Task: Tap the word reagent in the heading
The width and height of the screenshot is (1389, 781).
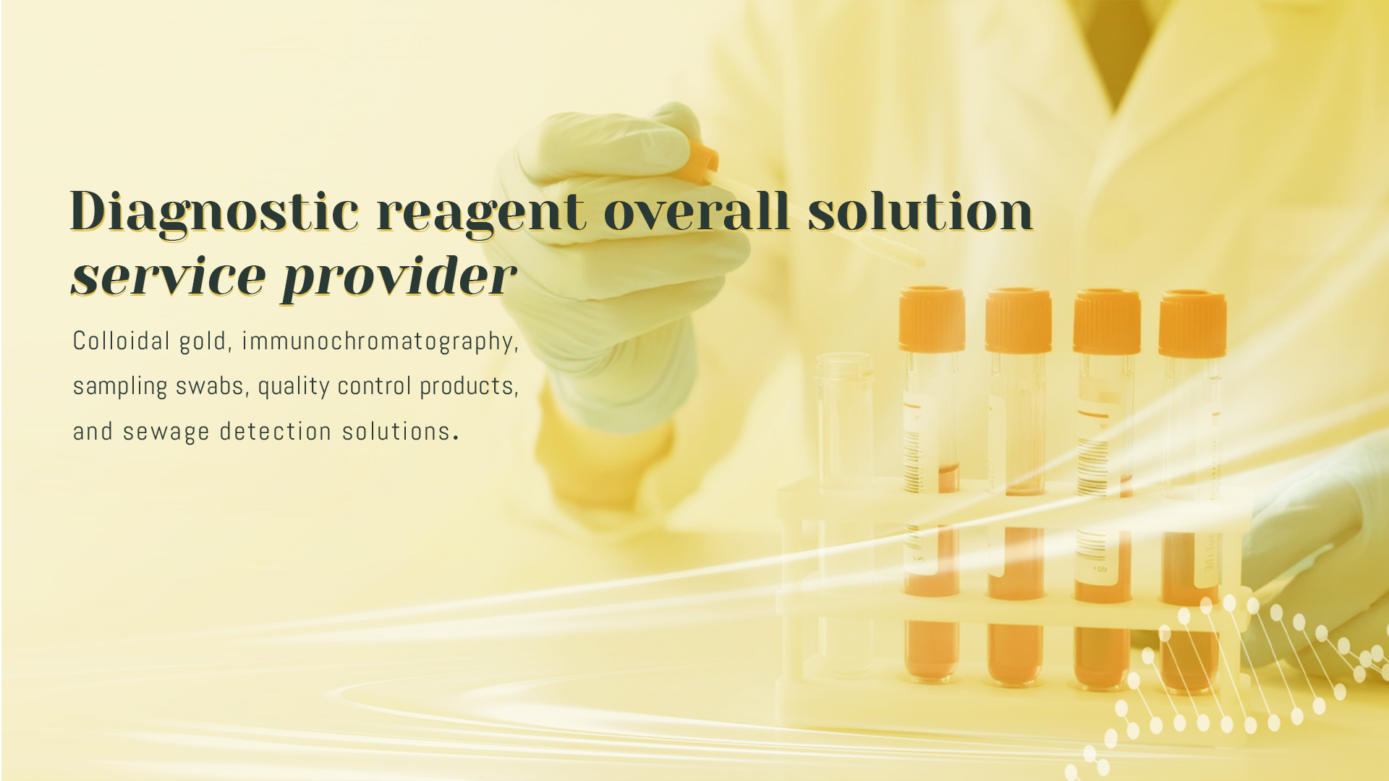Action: point(481,215)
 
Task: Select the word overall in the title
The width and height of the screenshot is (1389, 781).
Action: point(696,211)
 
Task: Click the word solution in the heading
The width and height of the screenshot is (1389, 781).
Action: point(920,211)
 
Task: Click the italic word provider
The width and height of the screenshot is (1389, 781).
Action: point(399,278)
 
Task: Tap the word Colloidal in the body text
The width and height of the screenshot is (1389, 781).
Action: point(122,341)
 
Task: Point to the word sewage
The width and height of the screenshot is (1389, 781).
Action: point(166,432)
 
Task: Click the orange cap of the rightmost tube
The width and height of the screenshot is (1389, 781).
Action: point(1192,324)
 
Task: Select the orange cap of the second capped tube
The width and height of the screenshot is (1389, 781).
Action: point(1019,320)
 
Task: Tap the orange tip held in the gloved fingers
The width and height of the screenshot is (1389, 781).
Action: point(700,161)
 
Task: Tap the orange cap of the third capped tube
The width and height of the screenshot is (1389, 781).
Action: point(1107,322)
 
